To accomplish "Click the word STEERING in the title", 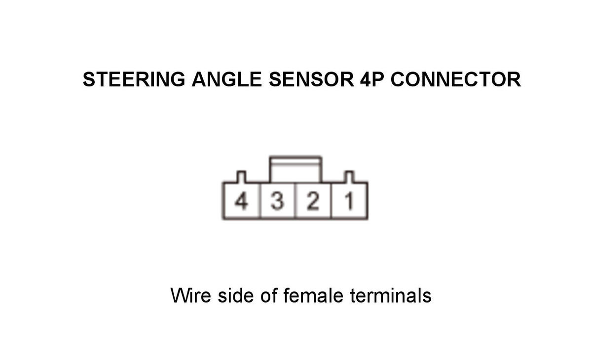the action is coord(134,79).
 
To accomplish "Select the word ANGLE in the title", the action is coord(227,79).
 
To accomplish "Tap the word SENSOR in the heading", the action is coord(311,79).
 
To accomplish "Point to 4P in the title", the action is coord(372,79).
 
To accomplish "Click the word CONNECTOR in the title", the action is coord(456,79).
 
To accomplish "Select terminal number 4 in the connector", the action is coord(241,201).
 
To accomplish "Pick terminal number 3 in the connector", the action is coord(277,201).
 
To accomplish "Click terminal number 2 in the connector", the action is coord(313,201).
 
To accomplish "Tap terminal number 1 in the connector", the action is coord(349,201).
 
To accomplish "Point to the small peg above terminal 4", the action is coord(241,177).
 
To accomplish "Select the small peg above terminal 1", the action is coord(349,177).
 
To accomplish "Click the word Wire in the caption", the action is coord(191,295).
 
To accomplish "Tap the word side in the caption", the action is coord(235,295).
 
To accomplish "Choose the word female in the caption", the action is coord(313,295).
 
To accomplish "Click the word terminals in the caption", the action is coord(391,295).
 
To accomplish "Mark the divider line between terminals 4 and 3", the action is coord(260,201).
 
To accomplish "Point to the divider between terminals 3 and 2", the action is coord(295,201).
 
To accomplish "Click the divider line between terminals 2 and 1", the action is coord(331,201).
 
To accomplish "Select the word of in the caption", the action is coord(268,295).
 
